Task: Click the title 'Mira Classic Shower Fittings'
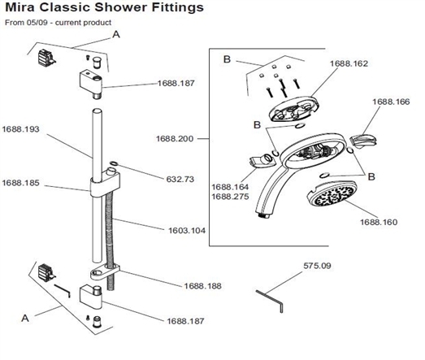[106, 9]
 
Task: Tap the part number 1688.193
[22, 128]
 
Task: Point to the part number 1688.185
[22, 184]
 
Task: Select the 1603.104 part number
[185, 231]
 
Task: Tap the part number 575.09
[317, 266]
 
